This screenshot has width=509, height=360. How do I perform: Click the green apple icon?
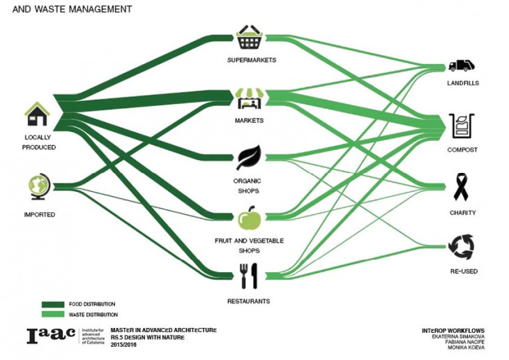click(250, 220)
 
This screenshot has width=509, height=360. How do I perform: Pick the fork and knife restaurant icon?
click(250, 277)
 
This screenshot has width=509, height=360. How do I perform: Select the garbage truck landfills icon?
click(461, 66)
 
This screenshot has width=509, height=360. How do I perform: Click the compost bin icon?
click(462, 127)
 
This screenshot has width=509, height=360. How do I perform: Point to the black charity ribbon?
click(461, 187)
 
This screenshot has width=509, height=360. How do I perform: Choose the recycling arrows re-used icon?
click(461, 246)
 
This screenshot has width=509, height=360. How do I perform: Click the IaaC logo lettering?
click(51, 336)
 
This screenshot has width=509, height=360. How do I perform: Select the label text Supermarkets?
click(251, 60)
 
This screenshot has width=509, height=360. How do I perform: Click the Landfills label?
click(463, 84)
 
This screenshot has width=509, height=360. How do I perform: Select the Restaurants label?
click(248, 301)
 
